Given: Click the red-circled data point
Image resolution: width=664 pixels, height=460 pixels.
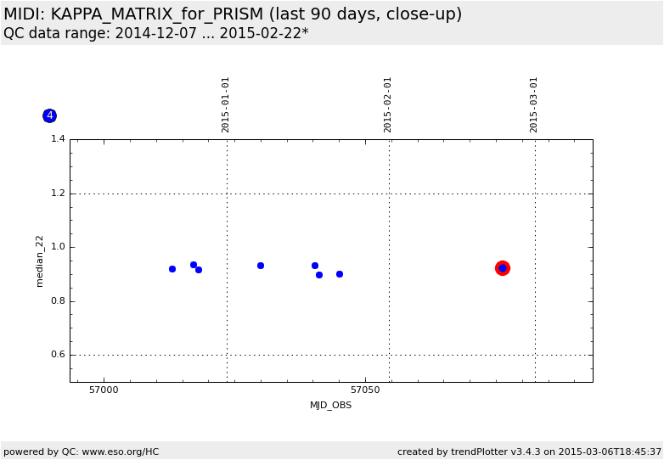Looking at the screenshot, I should pos(503,268).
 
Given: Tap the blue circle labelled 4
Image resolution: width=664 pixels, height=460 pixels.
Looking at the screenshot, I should pos(49,115).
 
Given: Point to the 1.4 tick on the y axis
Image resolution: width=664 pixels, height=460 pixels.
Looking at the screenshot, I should pos(59,139).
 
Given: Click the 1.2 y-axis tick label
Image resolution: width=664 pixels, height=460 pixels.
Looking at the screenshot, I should pos(59,194).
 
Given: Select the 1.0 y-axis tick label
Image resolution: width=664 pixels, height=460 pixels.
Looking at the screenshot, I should pos(59,247).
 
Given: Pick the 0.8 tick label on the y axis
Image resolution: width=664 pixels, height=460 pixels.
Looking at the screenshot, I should pos(59,301).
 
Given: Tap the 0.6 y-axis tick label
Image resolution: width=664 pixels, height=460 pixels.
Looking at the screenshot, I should pos(59,355).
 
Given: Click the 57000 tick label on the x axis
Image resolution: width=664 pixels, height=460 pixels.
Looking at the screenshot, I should pos(104,390).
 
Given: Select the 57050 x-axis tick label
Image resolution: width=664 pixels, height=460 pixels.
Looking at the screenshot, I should pos(365,390).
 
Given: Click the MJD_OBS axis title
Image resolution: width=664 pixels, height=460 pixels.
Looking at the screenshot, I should pos(330,406).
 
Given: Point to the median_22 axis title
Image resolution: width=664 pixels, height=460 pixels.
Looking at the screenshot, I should pos(40,261).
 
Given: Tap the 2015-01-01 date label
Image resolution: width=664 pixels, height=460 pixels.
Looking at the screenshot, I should pos(226,104).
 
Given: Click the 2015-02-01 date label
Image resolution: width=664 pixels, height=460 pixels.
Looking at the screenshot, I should pos(388,104).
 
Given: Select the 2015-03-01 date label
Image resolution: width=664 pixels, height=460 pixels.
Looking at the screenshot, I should pos(534,104).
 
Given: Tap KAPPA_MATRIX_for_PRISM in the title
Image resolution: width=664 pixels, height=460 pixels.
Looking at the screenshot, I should pos(157,14).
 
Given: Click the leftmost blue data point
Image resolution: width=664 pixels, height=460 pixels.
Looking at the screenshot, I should pos(172,269).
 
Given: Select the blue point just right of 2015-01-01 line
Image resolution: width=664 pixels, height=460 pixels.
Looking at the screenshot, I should pos(261,266).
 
